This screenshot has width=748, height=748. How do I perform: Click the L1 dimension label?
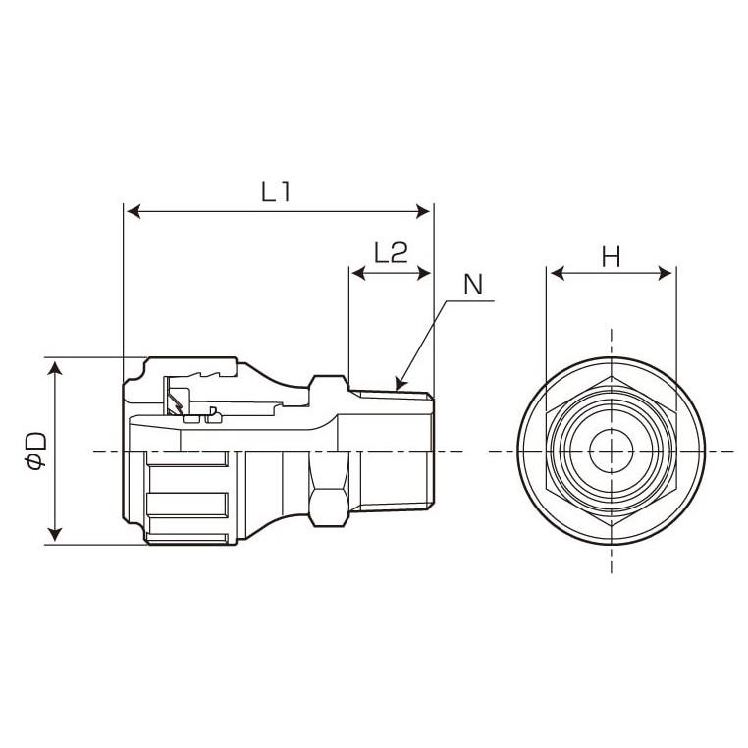point(276,192)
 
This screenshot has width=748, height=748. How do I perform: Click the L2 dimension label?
point(391,253)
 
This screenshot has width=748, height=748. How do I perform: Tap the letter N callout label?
point(474,285)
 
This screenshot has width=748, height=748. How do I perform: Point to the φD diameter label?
point(36,452)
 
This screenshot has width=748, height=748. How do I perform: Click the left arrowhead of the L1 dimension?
point(131,211)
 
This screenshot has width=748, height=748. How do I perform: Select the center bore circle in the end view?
point(611,451)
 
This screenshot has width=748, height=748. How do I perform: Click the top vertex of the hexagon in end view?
point(611,377)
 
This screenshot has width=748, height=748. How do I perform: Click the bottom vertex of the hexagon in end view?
point(611,524)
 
